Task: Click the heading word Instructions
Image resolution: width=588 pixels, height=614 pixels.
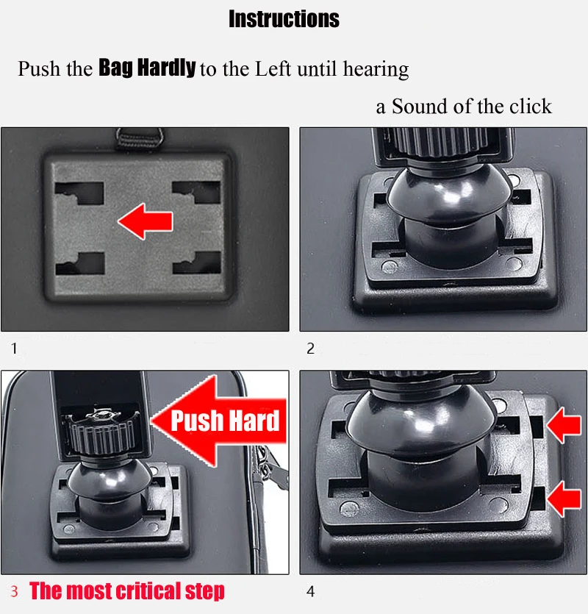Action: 284,19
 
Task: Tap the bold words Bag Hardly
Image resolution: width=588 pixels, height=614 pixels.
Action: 147,68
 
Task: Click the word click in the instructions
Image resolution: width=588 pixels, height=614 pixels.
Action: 531,106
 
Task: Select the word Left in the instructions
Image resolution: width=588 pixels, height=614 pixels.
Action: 273,69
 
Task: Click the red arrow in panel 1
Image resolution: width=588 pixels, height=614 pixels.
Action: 146,221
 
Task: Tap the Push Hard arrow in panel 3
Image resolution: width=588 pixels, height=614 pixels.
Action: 218,421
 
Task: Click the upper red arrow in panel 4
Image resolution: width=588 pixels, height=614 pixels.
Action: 564,425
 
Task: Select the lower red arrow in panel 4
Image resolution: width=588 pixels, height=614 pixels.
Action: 564,499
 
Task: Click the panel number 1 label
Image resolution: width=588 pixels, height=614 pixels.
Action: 15,348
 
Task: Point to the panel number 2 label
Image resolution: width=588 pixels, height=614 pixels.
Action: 310,348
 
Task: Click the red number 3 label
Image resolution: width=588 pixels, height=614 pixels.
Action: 14,591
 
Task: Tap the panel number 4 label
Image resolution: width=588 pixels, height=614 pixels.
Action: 310,591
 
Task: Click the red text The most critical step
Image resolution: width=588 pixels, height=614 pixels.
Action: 127,591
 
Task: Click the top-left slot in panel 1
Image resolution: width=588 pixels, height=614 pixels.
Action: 79,193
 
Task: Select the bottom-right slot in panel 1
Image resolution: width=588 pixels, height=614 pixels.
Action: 197,263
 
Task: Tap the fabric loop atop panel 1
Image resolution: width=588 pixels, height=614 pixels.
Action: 139,138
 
